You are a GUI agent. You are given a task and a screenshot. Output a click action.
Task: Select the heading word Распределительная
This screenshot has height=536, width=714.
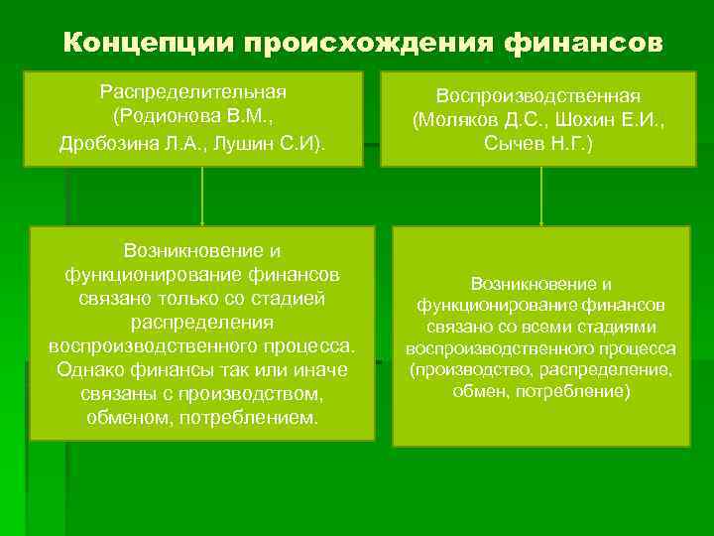(x=193, y=91)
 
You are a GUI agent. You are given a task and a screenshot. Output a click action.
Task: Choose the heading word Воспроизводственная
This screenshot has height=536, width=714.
(x=540, y=96)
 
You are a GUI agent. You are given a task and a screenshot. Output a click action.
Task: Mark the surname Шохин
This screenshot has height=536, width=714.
(x=573, y=119)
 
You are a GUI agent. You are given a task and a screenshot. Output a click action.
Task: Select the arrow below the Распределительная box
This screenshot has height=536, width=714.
(x=202, y=197)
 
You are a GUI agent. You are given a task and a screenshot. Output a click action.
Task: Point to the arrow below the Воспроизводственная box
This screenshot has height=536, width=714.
(x=540, y=197)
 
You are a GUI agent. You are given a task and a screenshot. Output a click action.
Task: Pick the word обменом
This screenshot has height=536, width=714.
(x=125, y=417)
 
